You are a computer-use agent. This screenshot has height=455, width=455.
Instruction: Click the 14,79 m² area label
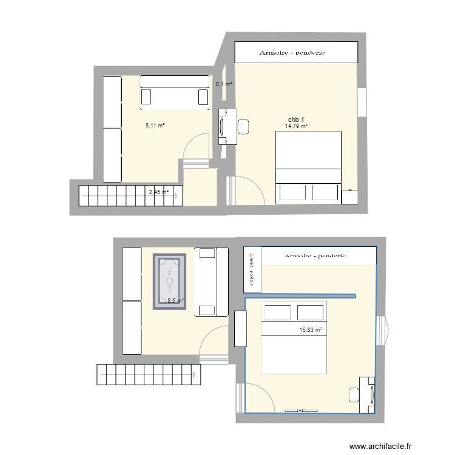pos(296,126)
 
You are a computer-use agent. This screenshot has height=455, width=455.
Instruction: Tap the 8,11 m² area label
pos(155,126)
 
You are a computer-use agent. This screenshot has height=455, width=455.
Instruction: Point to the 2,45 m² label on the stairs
pos(158,192)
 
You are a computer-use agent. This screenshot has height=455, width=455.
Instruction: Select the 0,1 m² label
pos(224,84)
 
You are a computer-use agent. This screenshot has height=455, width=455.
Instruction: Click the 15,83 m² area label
pos(310,330)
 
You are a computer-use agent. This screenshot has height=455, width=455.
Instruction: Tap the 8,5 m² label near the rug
pos(175,300)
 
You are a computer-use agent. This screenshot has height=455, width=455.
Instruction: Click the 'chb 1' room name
pos(296,119)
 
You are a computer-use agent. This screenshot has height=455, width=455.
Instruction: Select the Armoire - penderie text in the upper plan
pos(292,53)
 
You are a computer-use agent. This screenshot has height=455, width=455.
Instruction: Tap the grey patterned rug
pos(169,282)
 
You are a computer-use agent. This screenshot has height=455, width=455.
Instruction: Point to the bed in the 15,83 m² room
pos(294,337)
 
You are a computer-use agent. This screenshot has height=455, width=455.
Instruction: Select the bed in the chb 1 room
pos(308,167)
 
